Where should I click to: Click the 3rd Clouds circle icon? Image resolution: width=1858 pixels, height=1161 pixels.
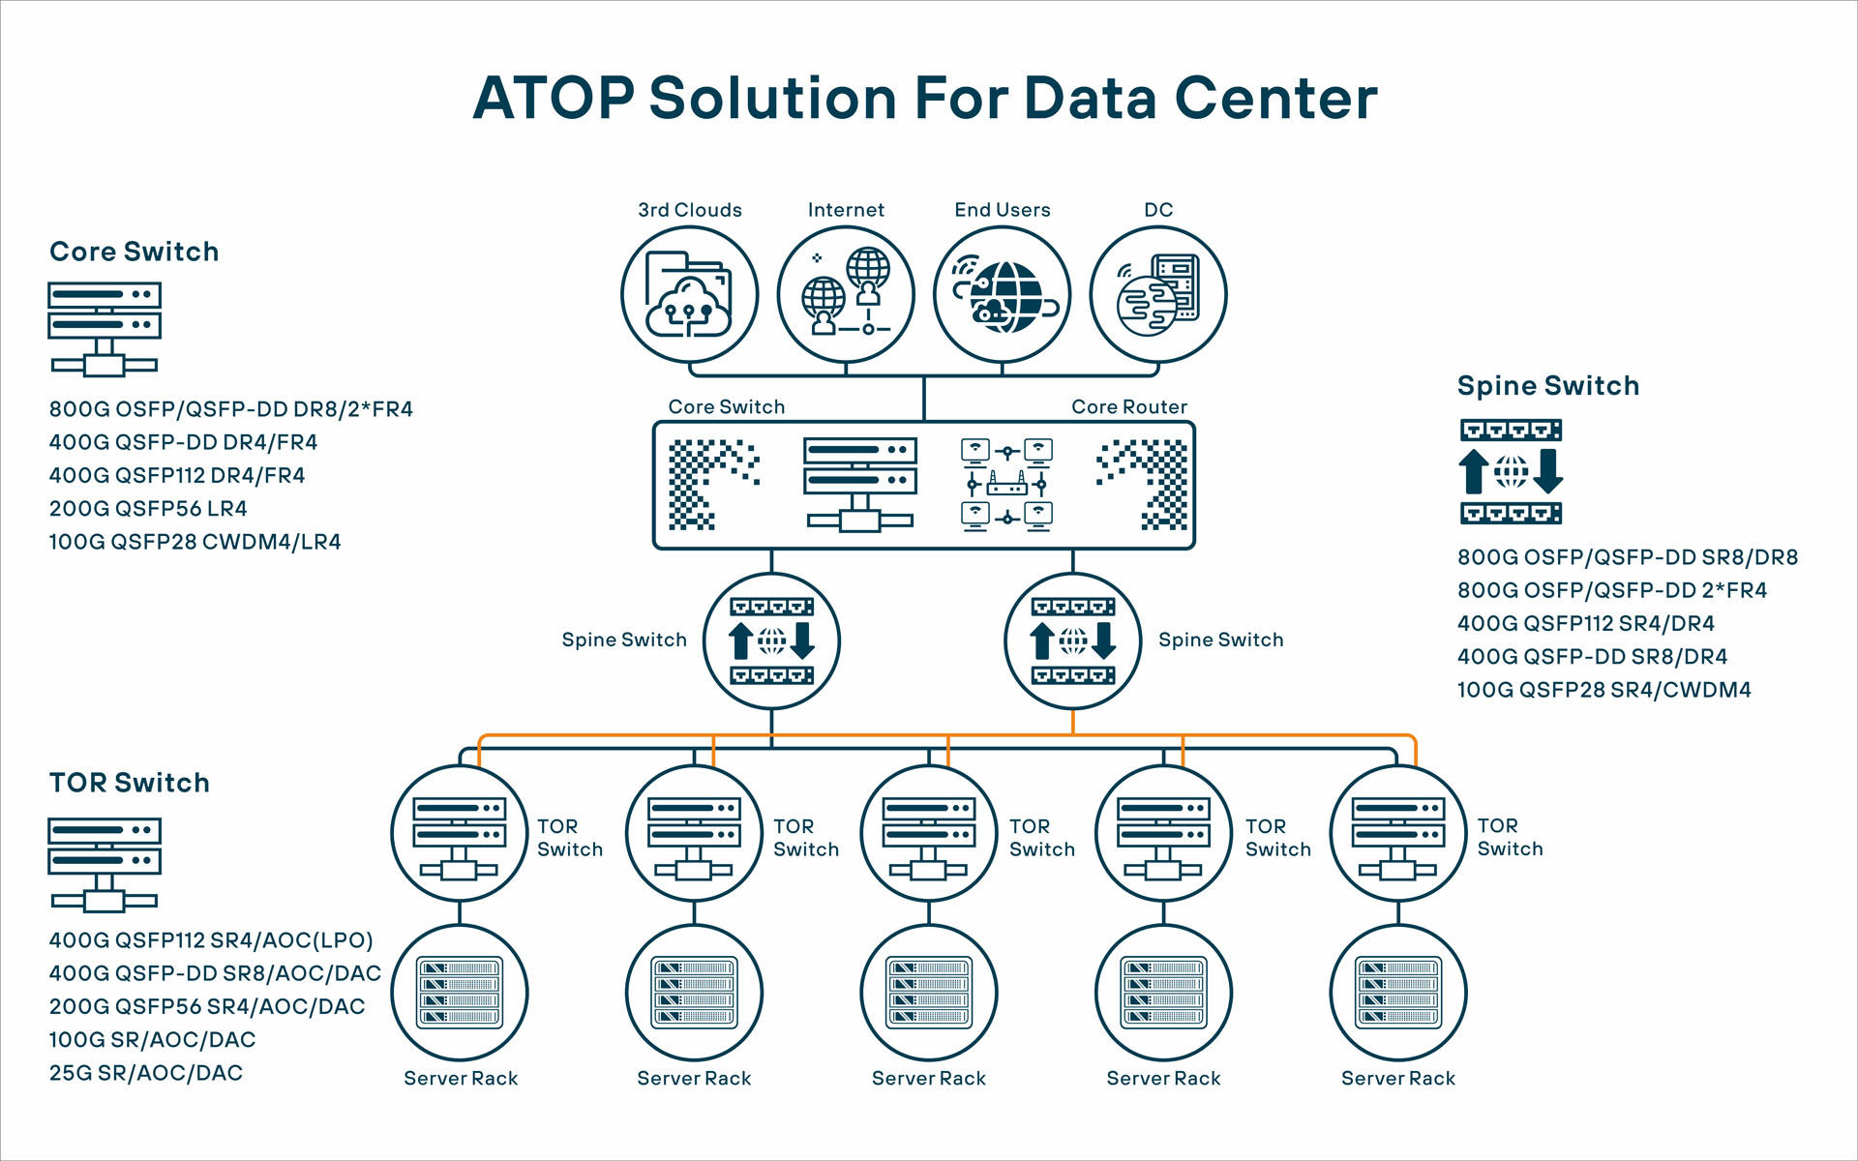tap(689, 295)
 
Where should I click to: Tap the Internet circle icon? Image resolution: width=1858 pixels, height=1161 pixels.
tap(846, 295)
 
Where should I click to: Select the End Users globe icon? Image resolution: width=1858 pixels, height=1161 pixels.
tap(1003, 295)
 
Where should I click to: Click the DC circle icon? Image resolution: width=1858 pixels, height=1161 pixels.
tap(1158, 295)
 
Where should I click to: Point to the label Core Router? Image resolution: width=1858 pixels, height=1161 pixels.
tap(1128, 407)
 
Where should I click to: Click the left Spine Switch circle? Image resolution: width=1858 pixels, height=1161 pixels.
tap(771, 640)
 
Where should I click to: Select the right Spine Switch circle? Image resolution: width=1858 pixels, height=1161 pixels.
tap(1073, 640)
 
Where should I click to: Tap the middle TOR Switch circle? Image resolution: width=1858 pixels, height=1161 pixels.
tap(928, 834)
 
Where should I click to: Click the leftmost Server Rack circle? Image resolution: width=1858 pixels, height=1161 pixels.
tap(460, 993)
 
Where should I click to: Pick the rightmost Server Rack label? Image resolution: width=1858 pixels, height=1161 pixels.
tap(1397, 1078)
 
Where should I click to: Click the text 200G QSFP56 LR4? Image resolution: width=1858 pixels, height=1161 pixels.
tap(148, 509)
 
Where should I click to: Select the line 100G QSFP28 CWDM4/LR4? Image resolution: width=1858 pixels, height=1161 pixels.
tap(195, 542)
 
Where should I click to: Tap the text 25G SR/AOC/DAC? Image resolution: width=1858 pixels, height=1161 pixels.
tap(146, 1073)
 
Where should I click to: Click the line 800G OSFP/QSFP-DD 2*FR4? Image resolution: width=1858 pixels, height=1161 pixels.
tap(1611, 590)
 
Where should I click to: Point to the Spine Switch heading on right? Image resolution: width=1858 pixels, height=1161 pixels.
tap(1547, 386)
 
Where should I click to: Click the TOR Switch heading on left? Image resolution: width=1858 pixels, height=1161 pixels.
tap(130, 783)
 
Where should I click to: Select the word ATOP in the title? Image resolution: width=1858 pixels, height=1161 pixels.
tap(553, 99)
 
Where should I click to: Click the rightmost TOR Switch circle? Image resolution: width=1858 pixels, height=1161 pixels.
tap(1397, 834)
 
